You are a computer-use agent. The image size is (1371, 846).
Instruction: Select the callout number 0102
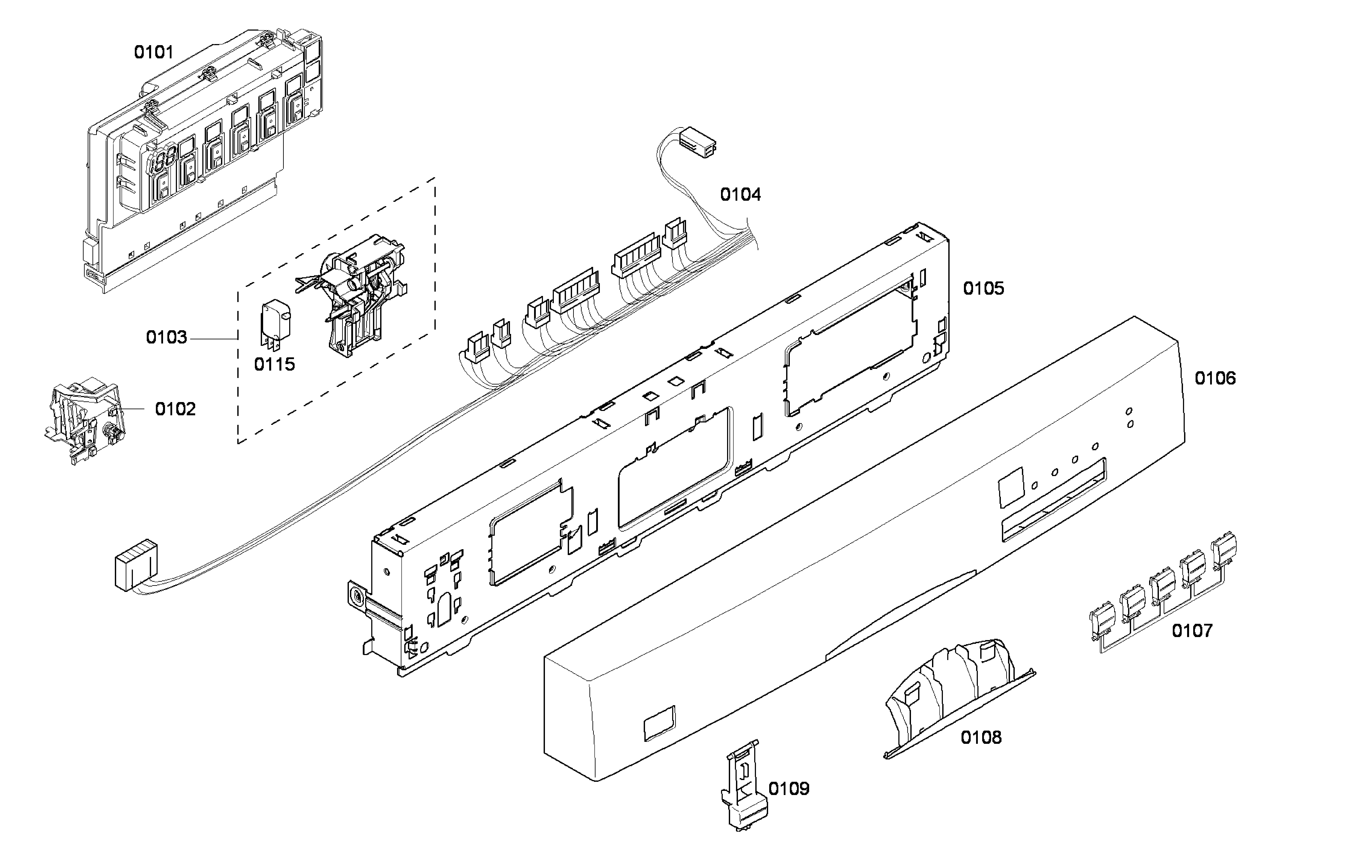[x=175, y=409]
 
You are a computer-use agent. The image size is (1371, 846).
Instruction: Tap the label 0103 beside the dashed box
[x=166, y=337]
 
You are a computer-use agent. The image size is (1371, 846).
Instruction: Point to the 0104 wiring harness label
[x=740, y=195]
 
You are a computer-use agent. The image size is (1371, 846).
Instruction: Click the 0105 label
[x=983, y=289]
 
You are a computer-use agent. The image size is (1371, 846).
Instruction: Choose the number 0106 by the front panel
[x=1215, y=378]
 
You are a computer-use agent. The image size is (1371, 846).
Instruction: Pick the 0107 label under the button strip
[x=1192, y=631]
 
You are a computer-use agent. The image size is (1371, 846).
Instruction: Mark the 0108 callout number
[x=981, y=738]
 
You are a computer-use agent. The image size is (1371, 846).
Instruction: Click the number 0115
[x=274, y=364]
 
